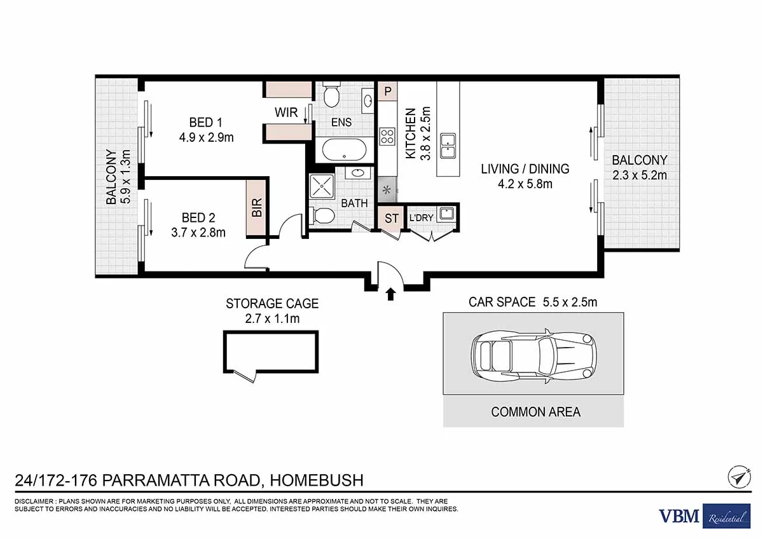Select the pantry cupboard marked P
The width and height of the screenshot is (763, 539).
tap(388, 91)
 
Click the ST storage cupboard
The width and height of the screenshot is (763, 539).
tap(391, 218)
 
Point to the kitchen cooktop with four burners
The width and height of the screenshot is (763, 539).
tap(388, 136)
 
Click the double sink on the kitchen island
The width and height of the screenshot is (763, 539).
tap(448, 146)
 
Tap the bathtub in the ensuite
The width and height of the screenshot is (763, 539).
tap(345, 149)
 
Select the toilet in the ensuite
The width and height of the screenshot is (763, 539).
tap(331, 94)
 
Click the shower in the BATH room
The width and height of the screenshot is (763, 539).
tap(322, 186)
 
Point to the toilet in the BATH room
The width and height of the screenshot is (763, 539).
tap(322, 216)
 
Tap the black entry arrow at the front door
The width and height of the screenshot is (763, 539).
tap(390, 294)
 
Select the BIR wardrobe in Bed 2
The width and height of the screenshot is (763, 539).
tap(256, 207)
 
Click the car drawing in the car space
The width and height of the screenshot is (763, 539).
tap(533, 356)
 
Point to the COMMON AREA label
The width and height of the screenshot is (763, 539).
tap(535, 412)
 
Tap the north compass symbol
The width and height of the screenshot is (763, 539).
tap(739, 477)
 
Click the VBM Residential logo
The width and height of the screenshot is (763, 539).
tap(705, 516)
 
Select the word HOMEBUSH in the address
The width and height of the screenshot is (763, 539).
tap(317, 481)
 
